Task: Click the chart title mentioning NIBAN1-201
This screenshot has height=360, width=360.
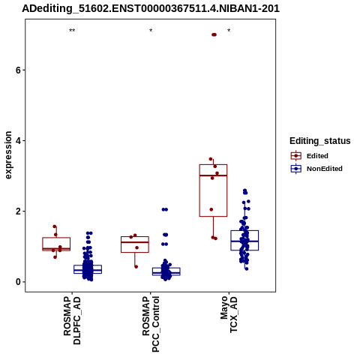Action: click(151, 8)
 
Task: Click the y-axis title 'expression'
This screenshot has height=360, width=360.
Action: click(8, 155)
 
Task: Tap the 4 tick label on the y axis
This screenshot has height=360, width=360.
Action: click(18, 141)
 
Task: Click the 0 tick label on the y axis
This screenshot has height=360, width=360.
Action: click(18, 282)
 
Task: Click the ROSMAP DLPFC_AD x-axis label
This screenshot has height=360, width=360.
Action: click(72, 320)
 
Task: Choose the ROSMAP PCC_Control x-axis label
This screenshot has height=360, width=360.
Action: click(151, 324)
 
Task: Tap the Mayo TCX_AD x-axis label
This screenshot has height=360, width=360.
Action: click(229, 314)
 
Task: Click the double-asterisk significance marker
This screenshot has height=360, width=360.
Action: click(72, 31)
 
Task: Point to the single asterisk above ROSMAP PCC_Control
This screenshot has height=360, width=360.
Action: click(151, 31)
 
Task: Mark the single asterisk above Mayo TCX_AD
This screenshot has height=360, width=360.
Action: click(229, 31)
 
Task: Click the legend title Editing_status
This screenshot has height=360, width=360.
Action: click(320, 141)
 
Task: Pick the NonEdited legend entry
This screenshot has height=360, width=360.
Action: click(316, 169)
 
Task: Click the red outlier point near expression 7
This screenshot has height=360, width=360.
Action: click(214, 34)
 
